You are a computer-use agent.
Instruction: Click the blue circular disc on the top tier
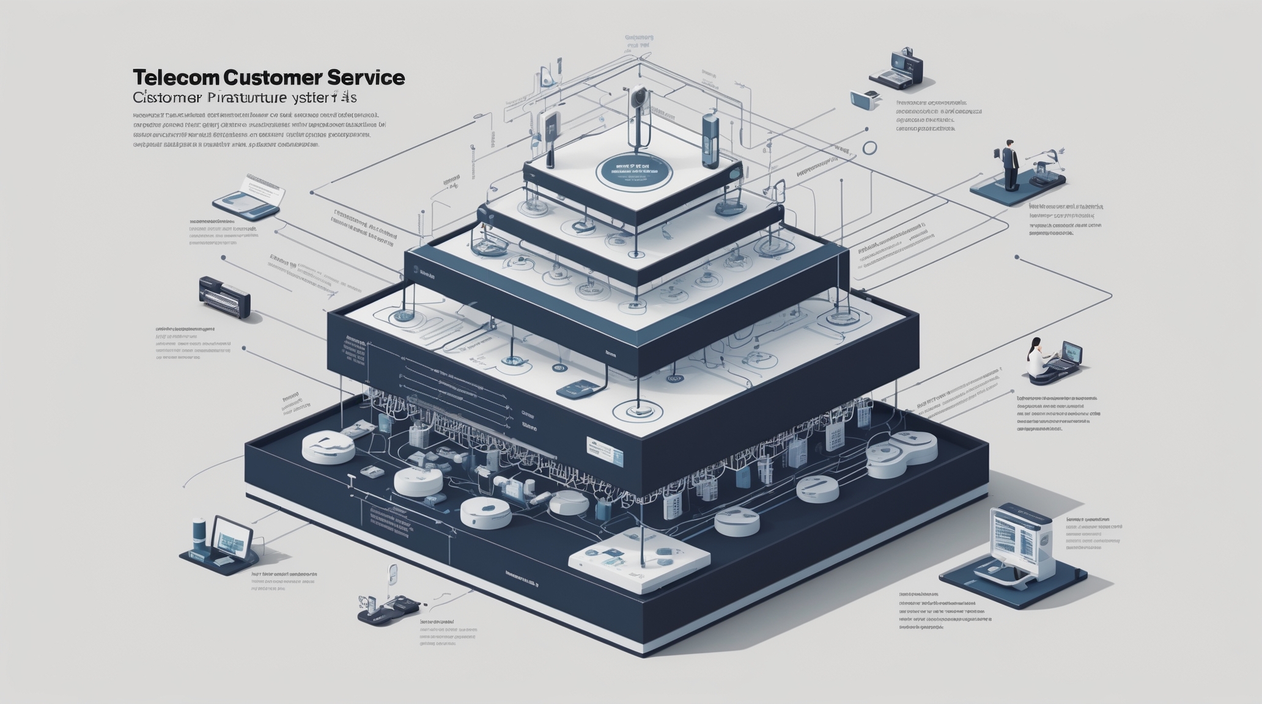point(633,169)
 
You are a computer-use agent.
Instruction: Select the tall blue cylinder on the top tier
point(710,140)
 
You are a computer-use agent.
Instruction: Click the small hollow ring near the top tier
point(869,147)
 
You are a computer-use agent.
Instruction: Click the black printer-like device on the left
point(224,297)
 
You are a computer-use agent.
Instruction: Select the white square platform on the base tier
point(639,559)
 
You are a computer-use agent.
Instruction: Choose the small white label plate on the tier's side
point(604,450)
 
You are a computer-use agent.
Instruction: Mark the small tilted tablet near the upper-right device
point(864,100)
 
